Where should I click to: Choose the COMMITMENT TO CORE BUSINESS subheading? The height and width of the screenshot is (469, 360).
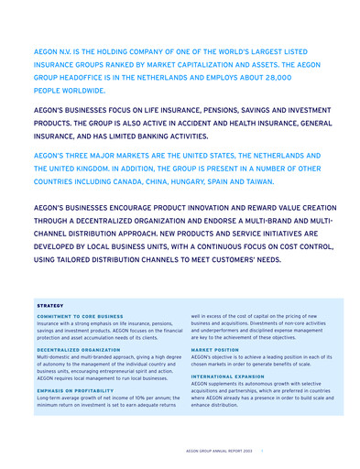(x=80, y=316)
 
